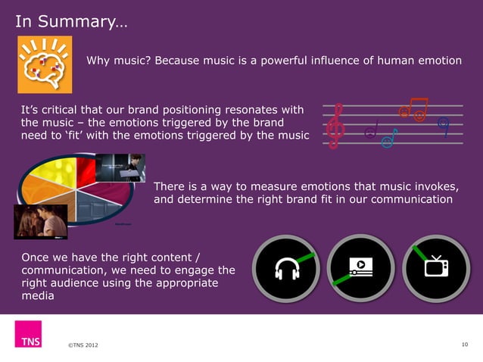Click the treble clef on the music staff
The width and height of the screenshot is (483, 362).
(x=335, y=127)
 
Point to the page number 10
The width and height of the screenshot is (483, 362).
(x=465, y=345)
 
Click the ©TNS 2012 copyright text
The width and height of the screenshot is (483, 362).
(x=83, y=346)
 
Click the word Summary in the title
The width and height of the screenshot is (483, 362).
(x=83, y=20)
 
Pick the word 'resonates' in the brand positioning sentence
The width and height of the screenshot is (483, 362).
(x=245, y=110)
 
